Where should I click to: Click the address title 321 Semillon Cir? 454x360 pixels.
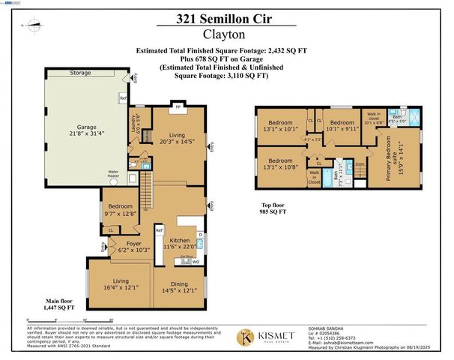point(226,18)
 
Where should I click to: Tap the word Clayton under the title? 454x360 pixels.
point(226,33)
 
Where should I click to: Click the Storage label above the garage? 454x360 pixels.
point(81,73)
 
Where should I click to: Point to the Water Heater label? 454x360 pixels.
point(114,173)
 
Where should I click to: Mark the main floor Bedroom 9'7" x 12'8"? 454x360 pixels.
point(119,209)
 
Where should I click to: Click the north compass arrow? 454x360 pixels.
point(31,25)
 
